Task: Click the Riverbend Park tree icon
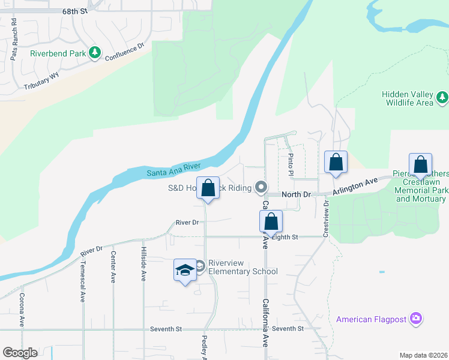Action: (x=95, y=53)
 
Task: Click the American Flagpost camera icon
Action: (x=416, y=319)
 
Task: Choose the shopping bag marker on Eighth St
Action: (x=271, y=222)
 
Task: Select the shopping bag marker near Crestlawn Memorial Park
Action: (x=420, y=164)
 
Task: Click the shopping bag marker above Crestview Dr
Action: (x=336, y=162)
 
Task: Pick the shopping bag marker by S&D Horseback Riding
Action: (x=208, y=188)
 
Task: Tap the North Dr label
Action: (x=297, y=194)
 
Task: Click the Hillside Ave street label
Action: (x=143, y=266)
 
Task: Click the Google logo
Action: (x=20, y=352)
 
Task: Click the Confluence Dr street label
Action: (x=125, y=52)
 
